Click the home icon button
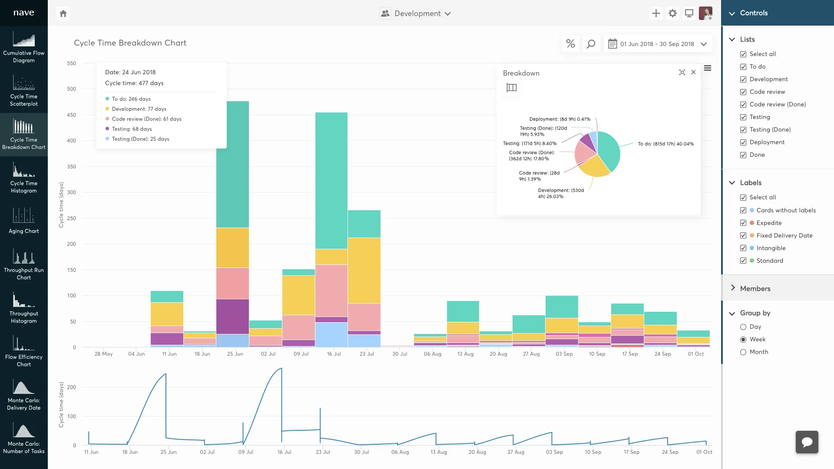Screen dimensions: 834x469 [x=63, y=13]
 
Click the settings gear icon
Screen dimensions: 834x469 [x=672, y=13]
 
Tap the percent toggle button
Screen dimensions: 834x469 [x=570, y=44]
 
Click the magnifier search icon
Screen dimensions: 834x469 [x=591, y=44]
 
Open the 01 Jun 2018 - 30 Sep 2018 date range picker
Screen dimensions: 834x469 [x=658, y=44]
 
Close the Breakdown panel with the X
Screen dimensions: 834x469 [x=693, y=73]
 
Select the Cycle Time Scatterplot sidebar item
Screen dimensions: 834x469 [x=24, y=91]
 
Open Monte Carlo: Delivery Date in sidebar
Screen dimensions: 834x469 [x=24, y=395]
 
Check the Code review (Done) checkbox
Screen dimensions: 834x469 [x=743, y=105]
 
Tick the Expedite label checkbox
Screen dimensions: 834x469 [x=743, y=223]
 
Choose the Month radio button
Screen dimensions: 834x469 [x=743, y=352]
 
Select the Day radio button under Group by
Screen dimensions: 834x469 [x=743, y=327]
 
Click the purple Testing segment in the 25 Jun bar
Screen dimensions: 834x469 [x=232, y=317]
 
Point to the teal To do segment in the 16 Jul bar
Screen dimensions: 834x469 [x=331, y=181]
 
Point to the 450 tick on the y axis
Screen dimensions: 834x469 [x=71, y=115]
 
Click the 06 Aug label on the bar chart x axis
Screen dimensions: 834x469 [x=433, y=354]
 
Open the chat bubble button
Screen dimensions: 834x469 [x=807, y=442]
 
